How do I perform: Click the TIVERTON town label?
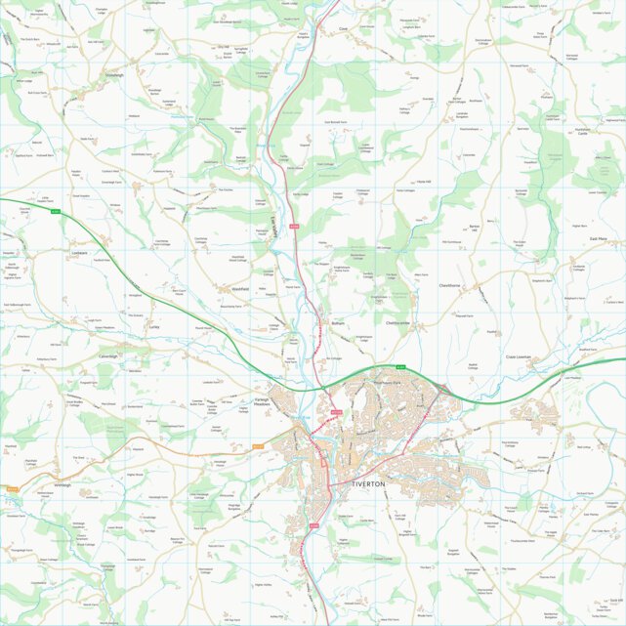tap(369, 483)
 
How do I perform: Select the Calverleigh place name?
tap(107, 356)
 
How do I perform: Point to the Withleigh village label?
tap(63, 485)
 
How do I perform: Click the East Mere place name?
tap(599, 237)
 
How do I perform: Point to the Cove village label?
tap(343, 30)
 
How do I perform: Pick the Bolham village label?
tap(339, 321)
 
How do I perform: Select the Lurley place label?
tap(153, 328)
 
